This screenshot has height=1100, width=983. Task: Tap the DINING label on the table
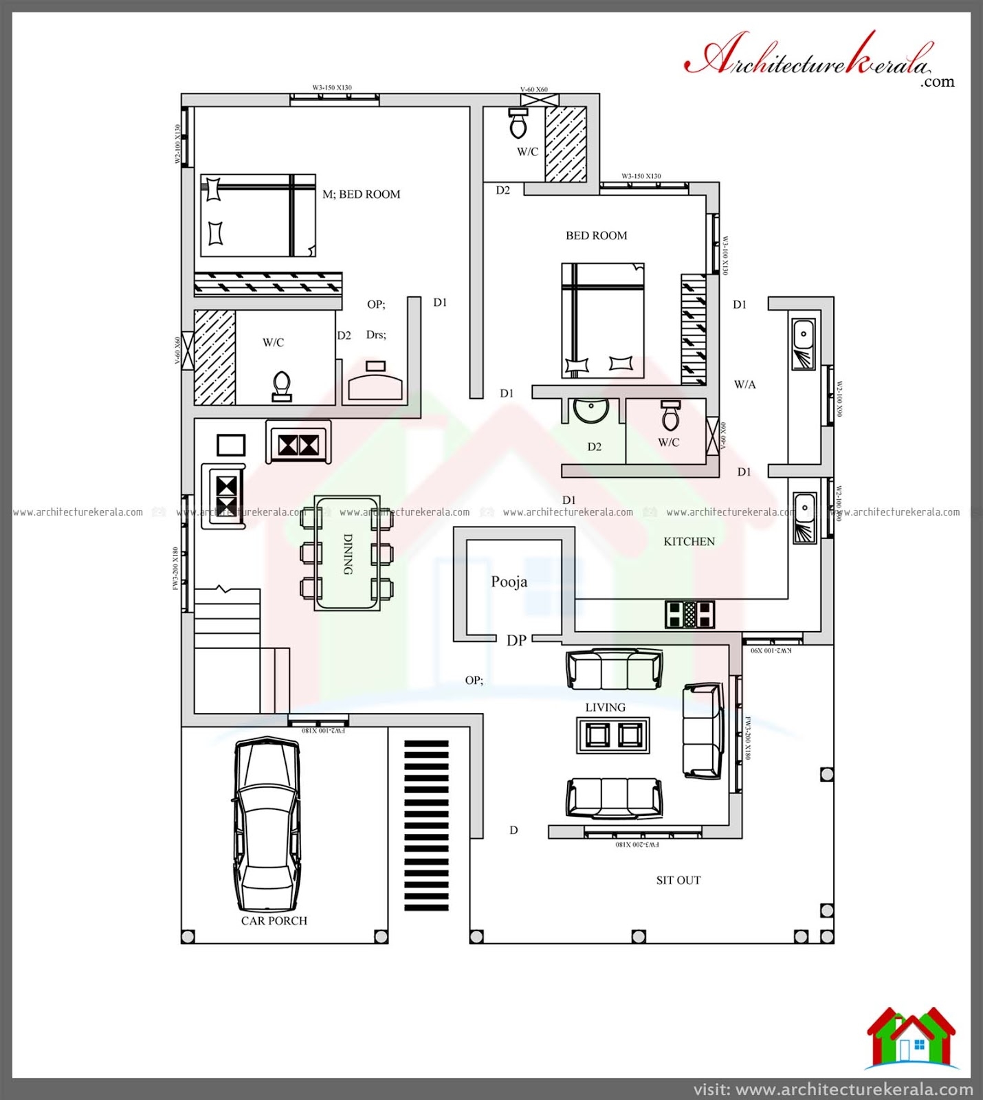(x=348, y=553)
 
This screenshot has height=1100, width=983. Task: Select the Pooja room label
(x=509, y=582)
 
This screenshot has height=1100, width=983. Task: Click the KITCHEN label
(x=689, y=542)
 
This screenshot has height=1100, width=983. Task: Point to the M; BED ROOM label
(x=361, y=195)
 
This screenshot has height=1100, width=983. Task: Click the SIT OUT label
(x=678, y=880)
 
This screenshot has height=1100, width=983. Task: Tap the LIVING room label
(x=605, y=707)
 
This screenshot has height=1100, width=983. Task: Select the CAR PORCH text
(x=274, y=921)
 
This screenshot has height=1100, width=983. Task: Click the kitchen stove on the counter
(x=689, y=614)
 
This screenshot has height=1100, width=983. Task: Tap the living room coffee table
(x=612, y=735)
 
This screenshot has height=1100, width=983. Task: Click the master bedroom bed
(x=258, y=216)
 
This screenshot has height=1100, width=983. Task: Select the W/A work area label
(x=744, y=385)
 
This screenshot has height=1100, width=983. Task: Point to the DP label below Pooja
(x=516, y=641)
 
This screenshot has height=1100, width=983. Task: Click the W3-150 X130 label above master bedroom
(x=332, y=88)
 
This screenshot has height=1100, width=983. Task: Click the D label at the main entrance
(x=513, y=830)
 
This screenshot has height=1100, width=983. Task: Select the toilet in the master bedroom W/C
(x=282, y=386)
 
